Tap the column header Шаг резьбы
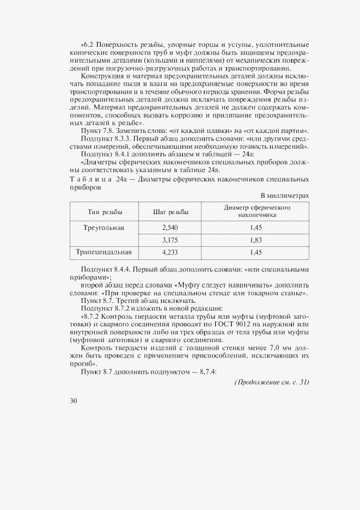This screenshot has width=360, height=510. [x=170, y=211]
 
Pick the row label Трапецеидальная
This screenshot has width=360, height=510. [x=105, y=252]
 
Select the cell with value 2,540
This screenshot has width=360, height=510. [x=170, y=227]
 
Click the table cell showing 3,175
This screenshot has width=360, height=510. [x=170, y=240]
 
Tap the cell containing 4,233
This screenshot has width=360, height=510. [x=170, y=252]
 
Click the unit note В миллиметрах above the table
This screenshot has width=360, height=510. [x=285, y=195]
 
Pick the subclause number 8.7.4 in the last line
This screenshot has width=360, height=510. [x=208, y=371]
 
